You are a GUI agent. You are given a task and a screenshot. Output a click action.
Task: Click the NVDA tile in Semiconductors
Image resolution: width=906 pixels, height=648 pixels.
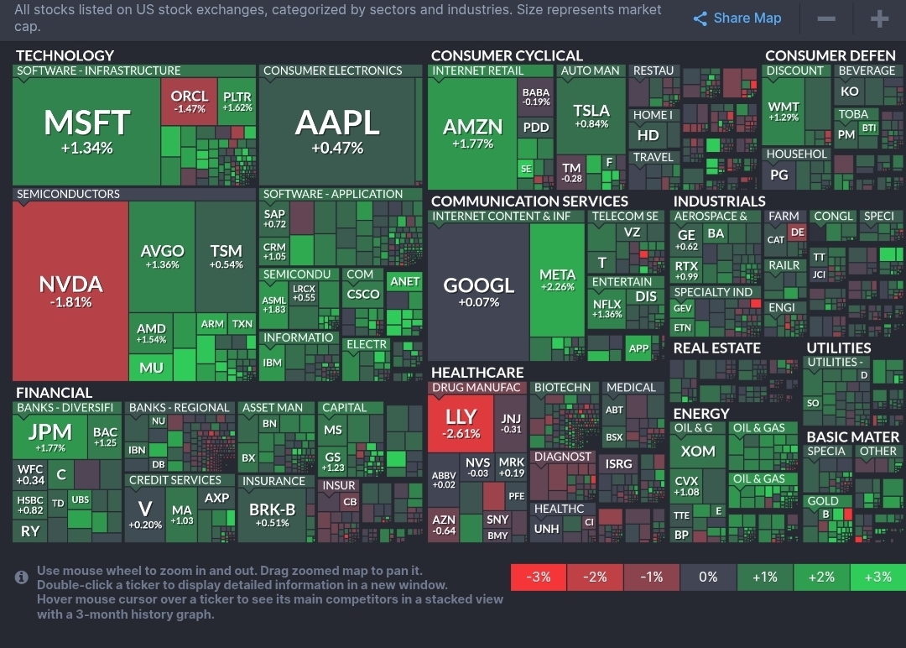click(x=71, y=290)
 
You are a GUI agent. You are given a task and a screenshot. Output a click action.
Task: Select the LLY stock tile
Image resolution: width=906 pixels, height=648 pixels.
click(x=461, y=423)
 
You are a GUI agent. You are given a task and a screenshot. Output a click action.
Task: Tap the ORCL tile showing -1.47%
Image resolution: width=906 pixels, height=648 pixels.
click(x=190, y=102)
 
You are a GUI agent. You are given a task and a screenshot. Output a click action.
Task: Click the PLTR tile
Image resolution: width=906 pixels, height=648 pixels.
click(x=237, y=102)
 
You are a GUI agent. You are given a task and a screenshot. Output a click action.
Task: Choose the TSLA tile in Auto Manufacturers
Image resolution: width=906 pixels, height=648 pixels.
click(x=591, y=116)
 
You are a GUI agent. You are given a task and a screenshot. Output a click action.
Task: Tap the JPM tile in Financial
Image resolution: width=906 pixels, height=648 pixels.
click(x=50, y=436)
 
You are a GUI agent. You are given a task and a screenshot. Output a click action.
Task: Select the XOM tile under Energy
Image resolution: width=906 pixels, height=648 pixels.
click(x=698, y=451)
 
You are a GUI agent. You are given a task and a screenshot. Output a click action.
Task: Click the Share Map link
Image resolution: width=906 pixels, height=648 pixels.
click(x=737, y=18)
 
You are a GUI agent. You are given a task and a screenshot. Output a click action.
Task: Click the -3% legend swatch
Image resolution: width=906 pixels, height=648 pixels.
click(x=539, y=577)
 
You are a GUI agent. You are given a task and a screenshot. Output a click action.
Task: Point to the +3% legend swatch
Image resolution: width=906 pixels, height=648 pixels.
click(x=877, y=577)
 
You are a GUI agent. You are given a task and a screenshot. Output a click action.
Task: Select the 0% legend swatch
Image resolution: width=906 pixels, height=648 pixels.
click(x=708, y=577)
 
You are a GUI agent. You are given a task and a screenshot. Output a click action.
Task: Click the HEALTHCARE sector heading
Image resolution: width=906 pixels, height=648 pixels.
click(x=477, y=372)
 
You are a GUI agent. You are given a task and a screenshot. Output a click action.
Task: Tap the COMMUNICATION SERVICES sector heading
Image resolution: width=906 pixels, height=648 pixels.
click(x=529, y=201)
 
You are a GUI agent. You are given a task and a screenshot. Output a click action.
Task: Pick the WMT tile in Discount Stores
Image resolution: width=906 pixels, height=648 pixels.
click(x=784, y=111)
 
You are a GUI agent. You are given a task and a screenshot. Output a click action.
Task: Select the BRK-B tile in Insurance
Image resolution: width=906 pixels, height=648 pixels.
click(x=273, y=514)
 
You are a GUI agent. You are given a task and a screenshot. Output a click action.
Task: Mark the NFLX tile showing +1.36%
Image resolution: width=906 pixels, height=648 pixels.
click(x=607, y=308)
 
